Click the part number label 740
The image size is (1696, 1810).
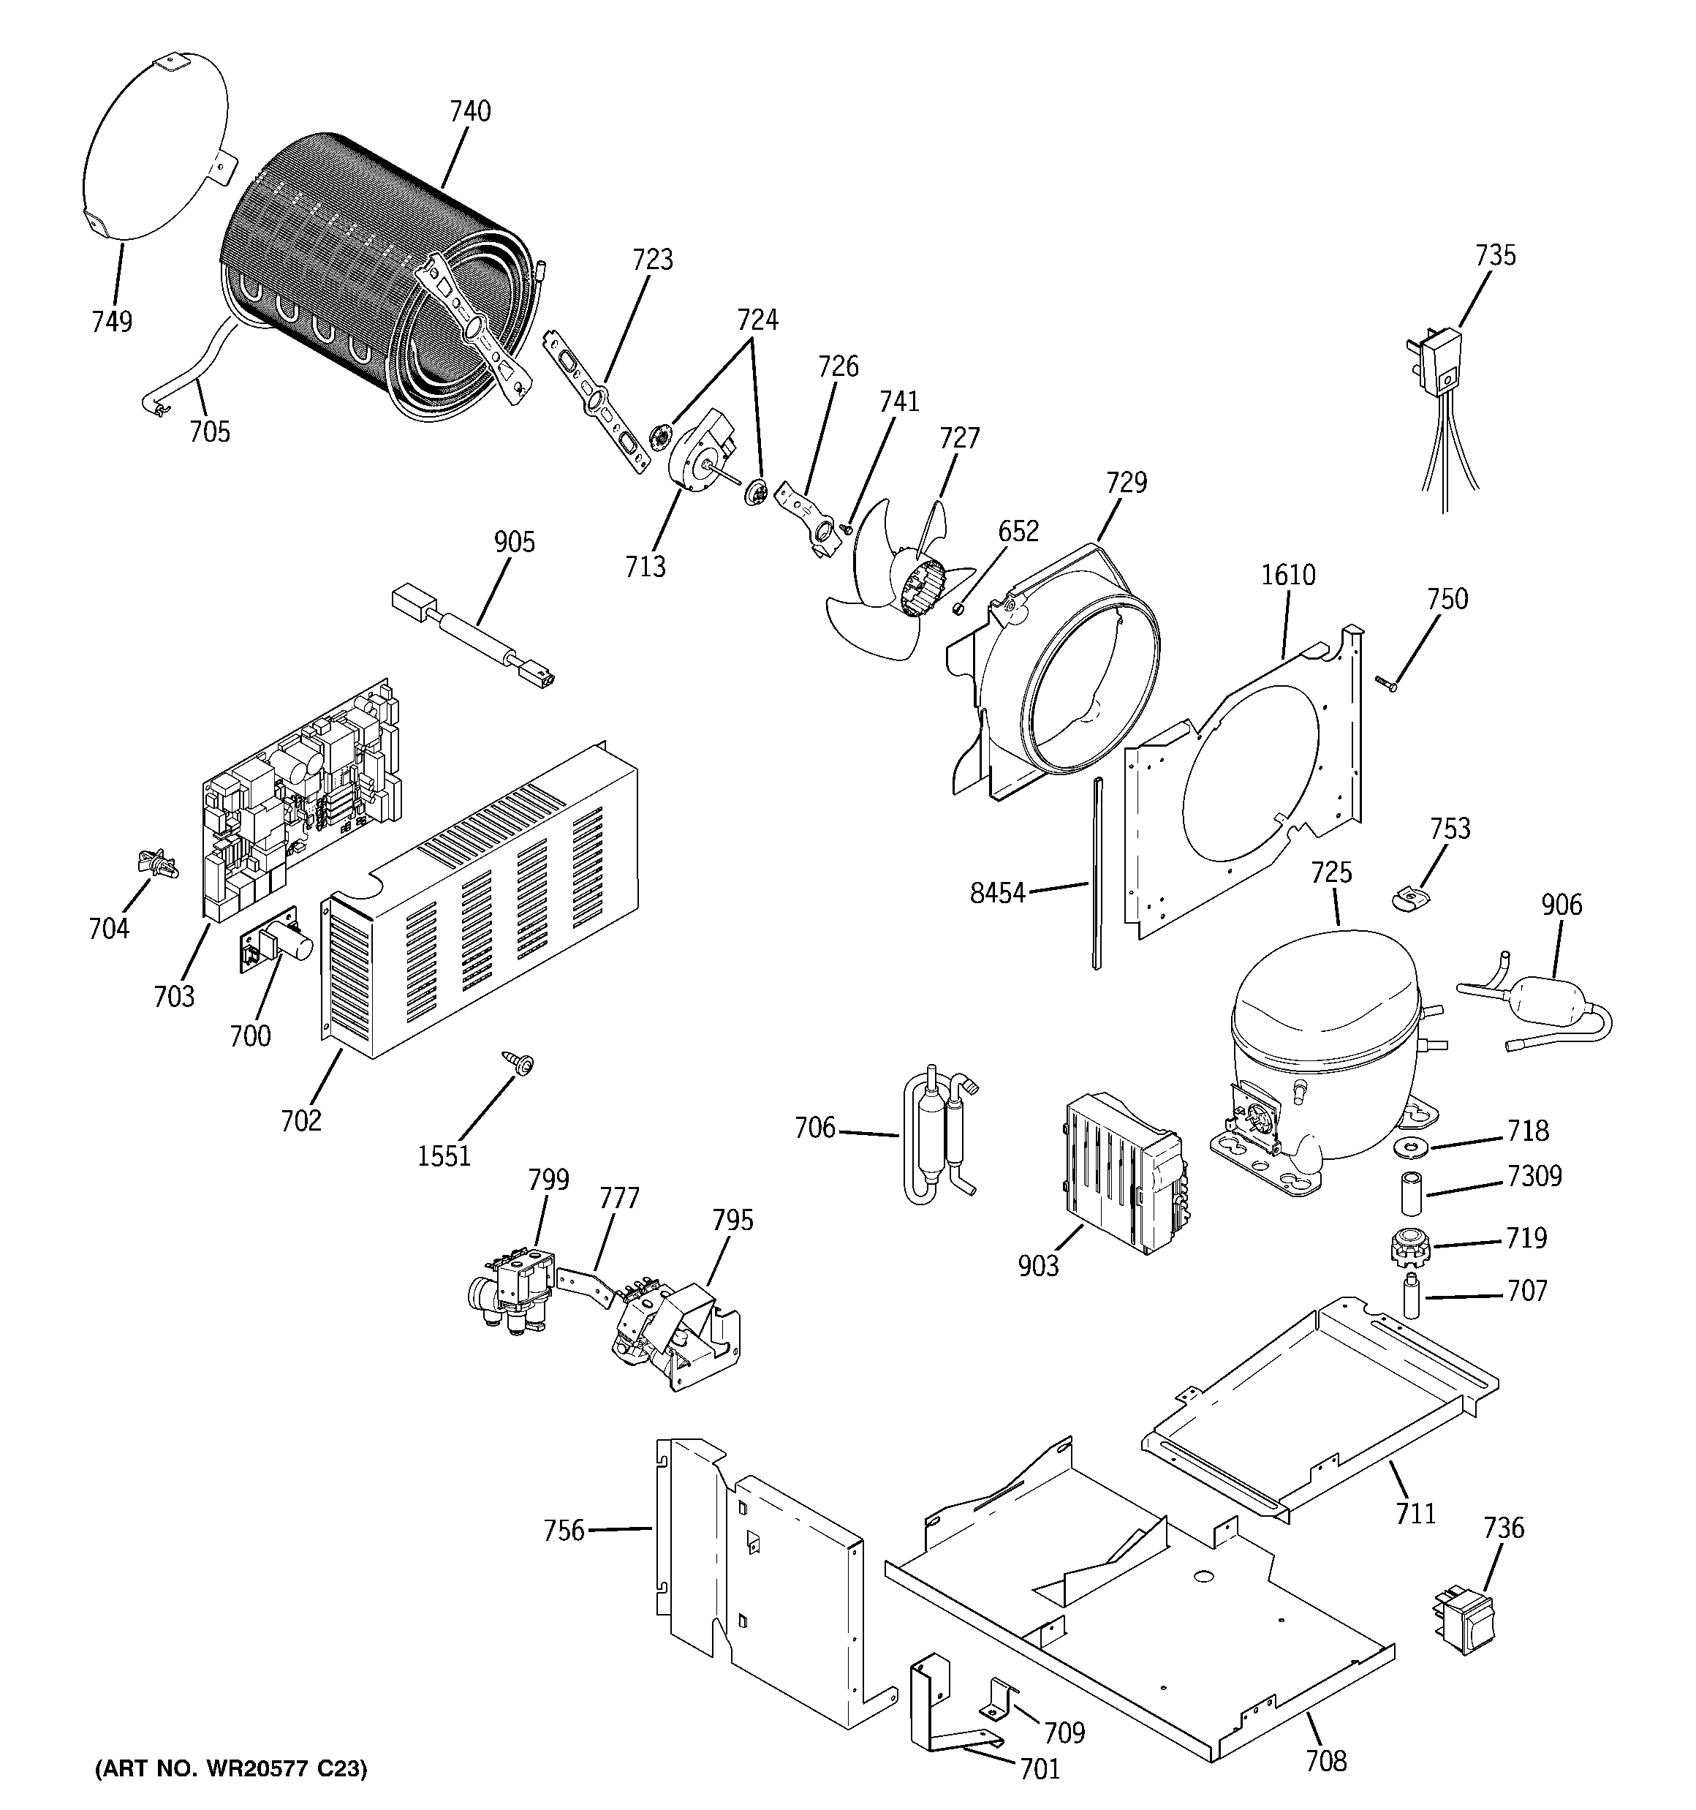pos(470,111)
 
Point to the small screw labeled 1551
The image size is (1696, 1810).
pos(523,1063)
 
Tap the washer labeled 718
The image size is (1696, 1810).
pos(1411,1145)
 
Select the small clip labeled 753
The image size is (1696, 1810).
pos(1409,900)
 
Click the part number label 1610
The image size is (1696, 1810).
pos(1288,575)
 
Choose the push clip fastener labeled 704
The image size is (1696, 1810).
pos(156,860)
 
